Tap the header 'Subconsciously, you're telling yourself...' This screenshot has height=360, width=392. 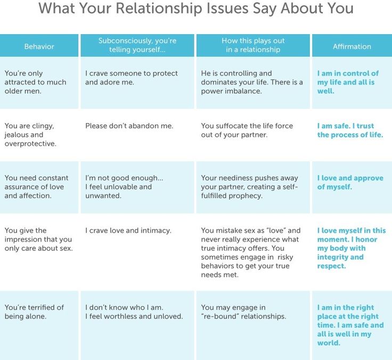(x=137, y=45)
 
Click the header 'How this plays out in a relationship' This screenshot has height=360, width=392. (x=253, y=45)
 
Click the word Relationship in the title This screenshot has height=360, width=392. (x=159, y=8)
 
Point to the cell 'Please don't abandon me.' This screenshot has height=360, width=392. (x=129, y=126)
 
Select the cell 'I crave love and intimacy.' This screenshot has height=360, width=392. (x=128, y=231)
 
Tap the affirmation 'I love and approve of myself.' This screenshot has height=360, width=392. (x=350, y=182)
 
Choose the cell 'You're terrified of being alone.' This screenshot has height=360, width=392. (x=34, y=312)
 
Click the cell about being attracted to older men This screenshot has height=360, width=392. (x=35, y=82)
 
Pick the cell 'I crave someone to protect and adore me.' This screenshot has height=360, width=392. (x=132, y=78)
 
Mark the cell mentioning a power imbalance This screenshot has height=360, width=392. (x=252, y=82)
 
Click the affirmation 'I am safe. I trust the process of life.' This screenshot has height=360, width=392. (x=350, y=130)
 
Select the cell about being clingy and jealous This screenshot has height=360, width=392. (x=30, y=135)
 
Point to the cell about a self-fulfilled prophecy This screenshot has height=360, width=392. (x=249, y=187)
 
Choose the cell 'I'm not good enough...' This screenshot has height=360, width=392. (x=124, y=187)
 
